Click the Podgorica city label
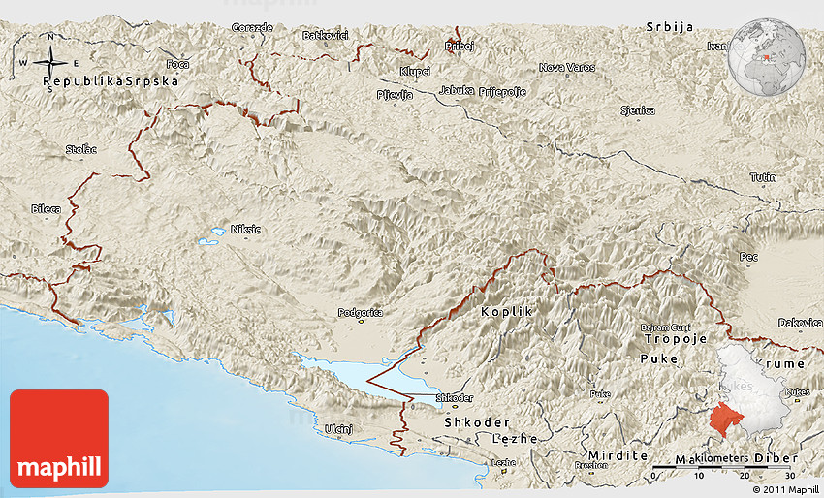coord(360,313)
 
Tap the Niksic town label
coord(245,230)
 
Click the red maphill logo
coord(58,438)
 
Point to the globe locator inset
coord(768,53)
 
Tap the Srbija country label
coord(670,27)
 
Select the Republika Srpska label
coord(112,82)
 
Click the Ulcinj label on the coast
coord(337,428)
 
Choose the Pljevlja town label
coord(395,95)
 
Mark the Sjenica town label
coord(637,111)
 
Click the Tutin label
coord(762,177)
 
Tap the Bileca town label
coord(45,208)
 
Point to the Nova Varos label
coord(567,67)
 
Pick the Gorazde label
coord(252,27)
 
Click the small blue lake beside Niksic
coord(207,239)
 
